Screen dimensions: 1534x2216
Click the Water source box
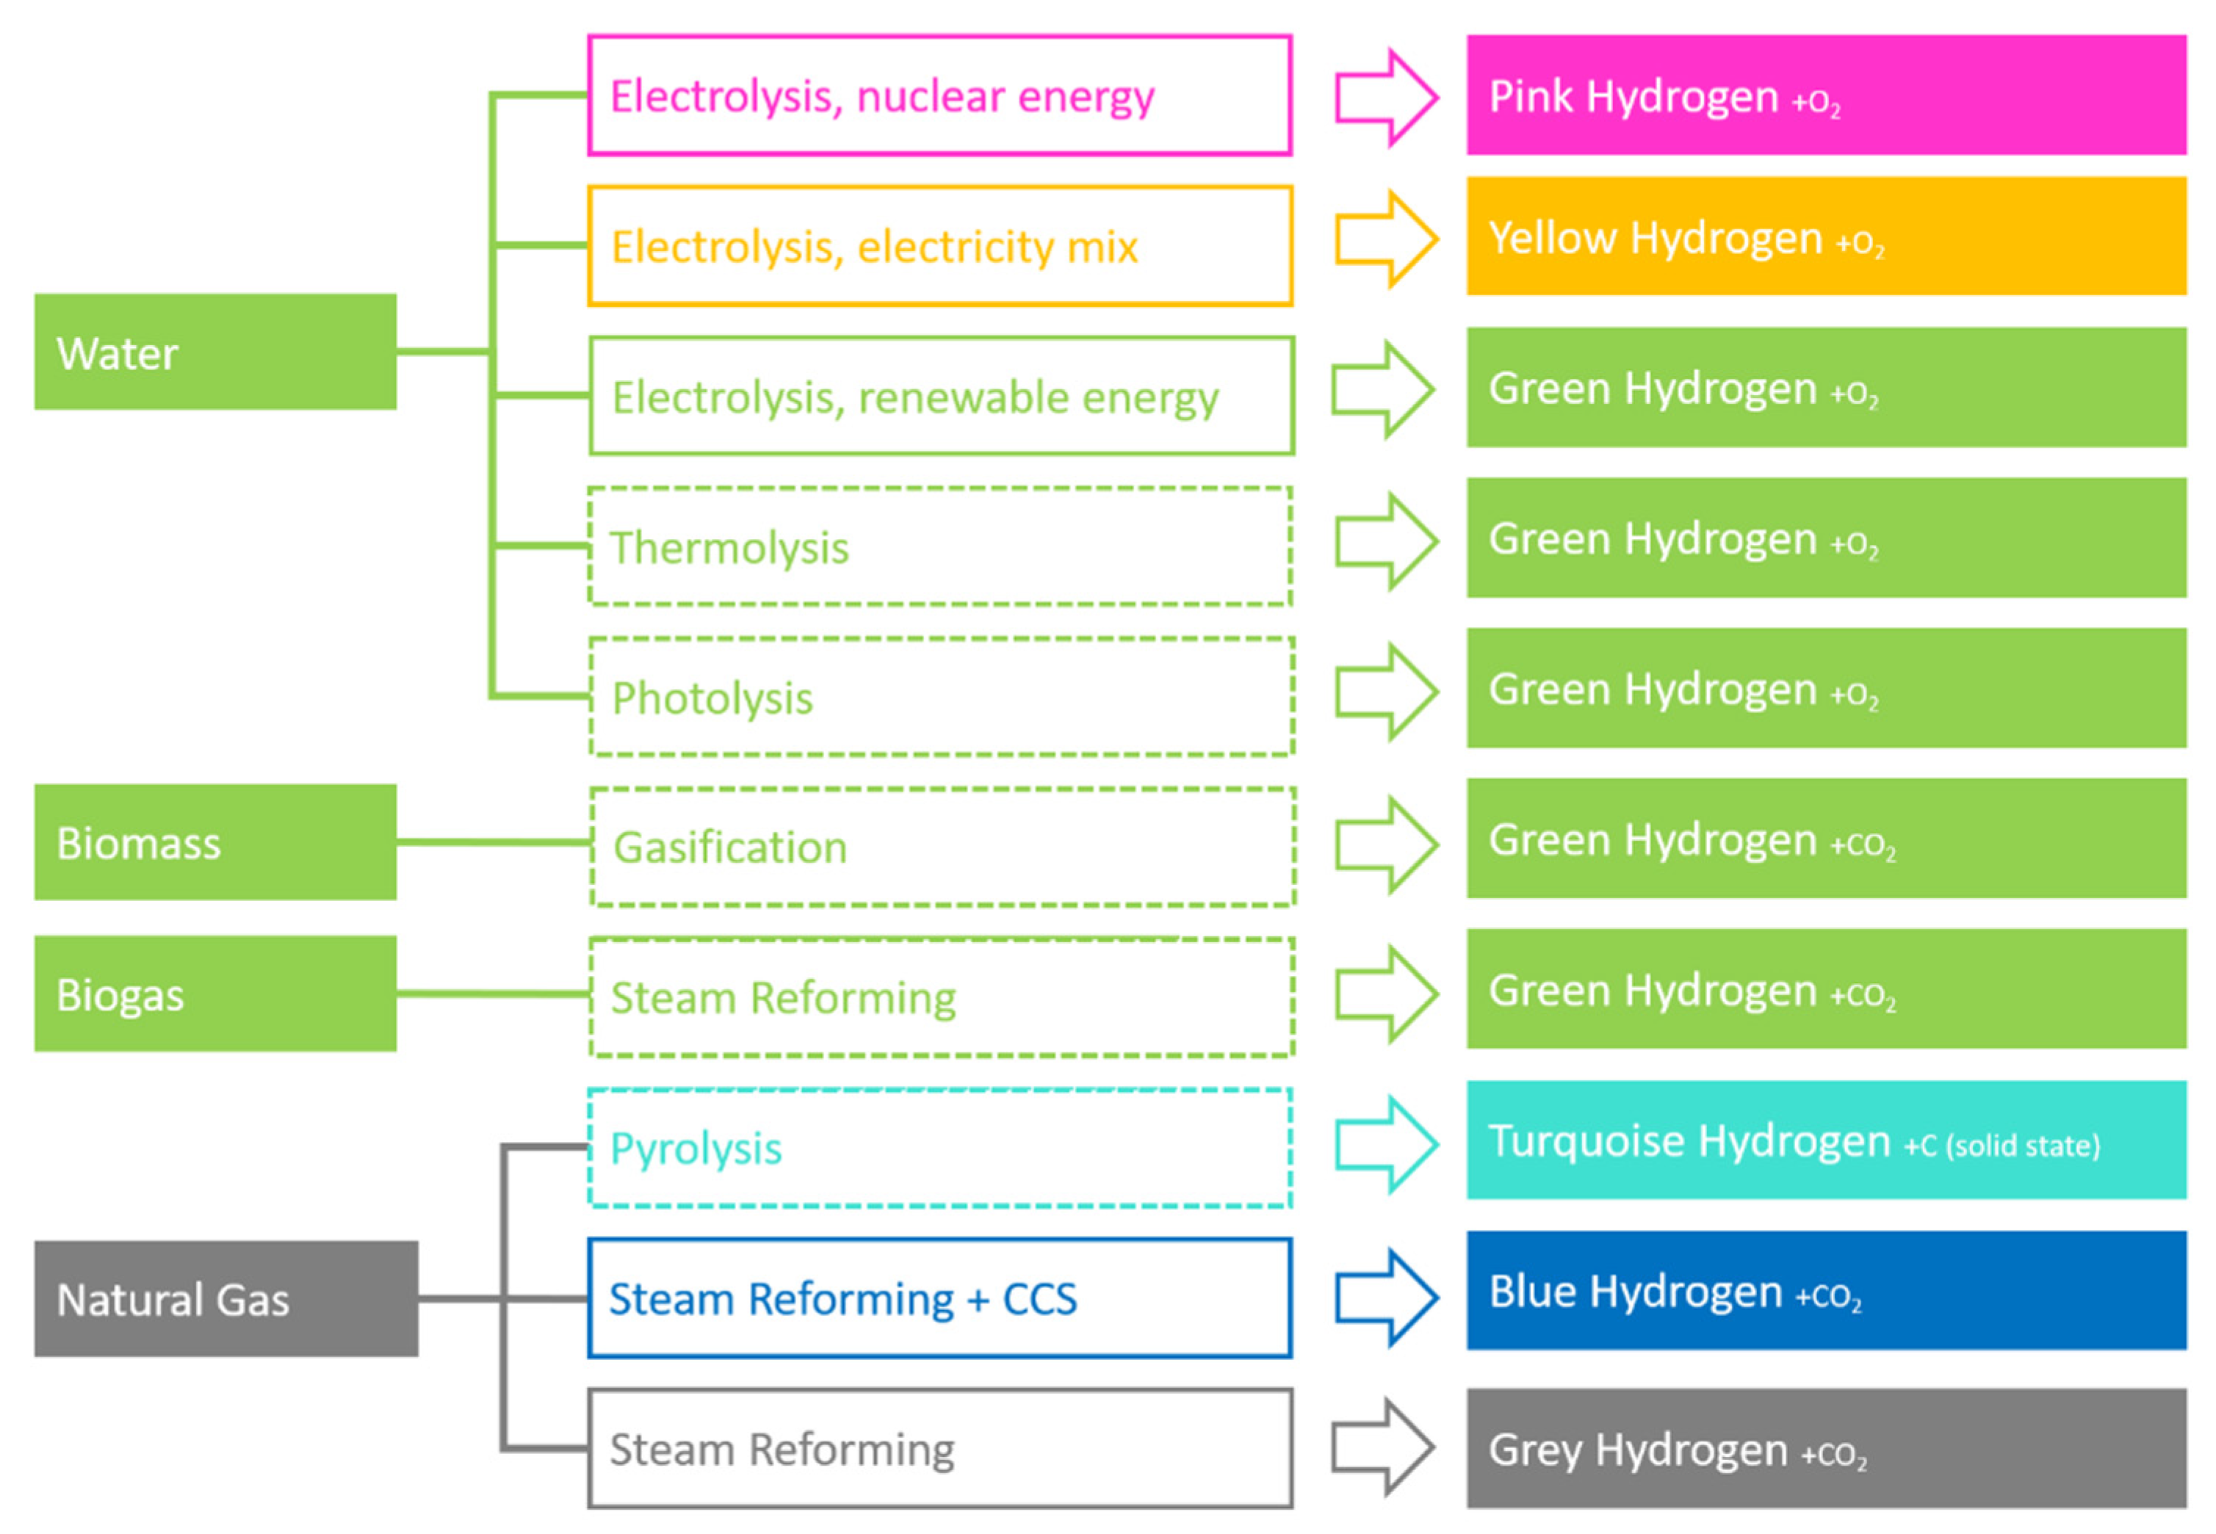215,352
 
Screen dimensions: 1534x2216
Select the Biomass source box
215,842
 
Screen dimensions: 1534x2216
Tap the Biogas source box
215,993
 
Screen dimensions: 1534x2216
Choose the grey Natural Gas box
226,1298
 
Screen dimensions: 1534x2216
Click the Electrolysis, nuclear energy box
939,95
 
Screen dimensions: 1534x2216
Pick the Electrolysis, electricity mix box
939,246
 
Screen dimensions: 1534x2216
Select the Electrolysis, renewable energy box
941,395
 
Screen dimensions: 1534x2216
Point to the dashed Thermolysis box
939,546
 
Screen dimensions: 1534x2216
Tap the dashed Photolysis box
941,697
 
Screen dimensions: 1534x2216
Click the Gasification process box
942,847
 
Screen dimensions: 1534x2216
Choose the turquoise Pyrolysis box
939,1148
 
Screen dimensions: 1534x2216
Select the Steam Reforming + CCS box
939,1298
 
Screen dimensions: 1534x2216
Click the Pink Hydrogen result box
1826,95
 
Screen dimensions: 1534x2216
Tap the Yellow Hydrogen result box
1826,236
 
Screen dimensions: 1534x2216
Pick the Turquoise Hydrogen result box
1826,1140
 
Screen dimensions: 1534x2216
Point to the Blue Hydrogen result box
1826,1290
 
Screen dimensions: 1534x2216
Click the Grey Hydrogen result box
1826,1447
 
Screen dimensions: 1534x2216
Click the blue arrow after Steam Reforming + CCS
1385,1298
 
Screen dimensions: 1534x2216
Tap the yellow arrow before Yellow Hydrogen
1385,239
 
